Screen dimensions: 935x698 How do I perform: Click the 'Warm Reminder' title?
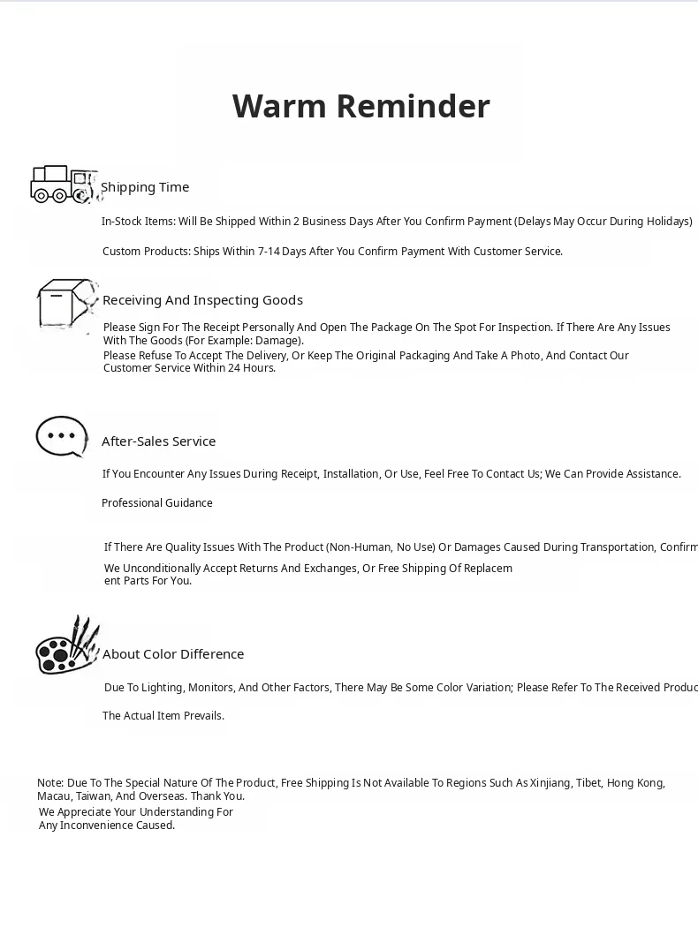(360, 106)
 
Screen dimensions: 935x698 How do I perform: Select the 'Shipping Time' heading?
(145, 187)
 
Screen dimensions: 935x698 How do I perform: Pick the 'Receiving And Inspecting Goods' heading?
(202, 300)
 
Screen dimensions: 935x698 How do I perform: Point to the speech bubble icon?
(61, 436)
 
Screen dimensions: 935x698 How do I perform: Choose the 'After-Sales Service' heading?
(158, 441)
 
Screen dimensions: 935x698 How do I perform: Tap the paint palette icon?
(66, 646)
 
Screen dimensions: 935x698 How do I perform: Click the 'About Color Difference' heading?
(173, 654)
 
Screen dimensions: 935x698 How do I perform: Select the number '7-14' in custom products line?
(269, 252)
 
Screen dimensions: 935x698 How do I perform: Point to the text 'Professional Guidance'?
(157, 503)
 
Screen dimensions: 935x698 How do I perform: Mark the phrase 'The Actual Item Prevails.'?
(163, 716)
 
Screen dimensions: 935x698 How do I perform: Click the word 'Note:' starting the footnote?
(50, 783)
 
